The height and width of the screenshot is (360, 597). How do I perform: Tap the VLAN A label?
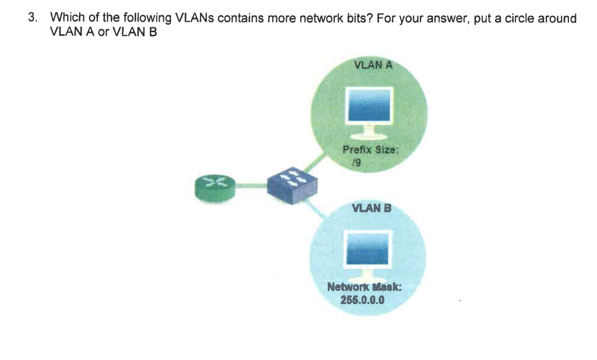coord(373,65)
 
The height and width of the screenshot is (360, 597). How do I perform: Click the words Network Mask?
coord(365,287)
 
